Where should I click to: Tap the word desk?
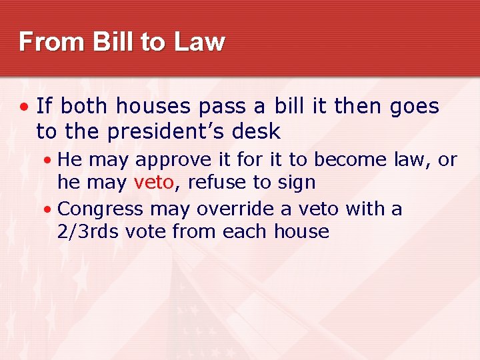point(257,132)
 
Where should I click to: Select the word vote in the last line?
point(146,232)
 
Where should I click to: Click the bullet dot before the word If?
point(24,107)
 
